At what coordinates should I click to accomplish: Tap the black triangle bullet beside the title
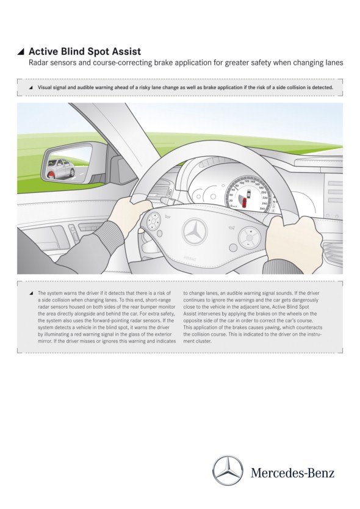(21, 52)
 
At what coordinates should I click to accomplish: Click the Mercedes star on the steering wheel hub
(195, 231)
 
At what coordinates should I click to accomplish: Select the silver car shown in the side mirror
(62, 167)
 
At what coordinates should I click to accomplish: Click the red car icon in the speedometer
(243, 203)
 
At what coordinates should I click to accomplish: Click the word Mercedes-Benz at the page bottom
(292, 472)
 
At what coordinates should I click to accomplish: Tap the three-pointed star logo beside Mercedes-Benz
(228, 470)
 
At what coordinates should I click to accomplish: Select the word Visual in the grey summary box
(45, 87)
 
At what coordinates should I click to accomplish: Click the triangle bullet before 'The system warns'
(31, 293)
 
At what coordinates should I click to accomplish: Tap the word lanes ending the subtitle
(334, 62)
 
